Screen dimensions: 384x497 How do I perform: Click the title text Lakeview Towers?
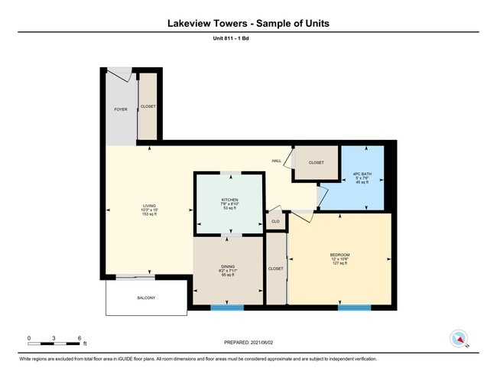point(206,23)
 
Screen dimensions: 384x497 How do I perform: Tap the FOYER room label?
point(121,109)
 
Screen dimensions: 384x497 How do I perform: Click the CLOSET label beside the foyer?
point(148,106)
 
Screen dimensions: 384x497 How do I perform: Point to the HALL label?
point(276,161)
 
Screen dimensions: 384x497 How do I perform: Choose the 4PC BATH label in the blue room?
point(362,174)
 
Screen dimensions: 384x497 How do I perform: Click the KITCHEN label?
point(229,200)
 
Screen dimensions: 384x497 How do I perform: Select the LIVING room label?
point(149,206)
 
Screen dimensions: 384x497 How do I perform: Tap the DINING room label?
point(228,265)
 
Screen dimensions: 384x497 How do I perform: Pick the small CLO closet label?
point(274,221)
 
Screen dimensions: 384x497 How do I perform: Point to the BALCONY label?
point(147,298)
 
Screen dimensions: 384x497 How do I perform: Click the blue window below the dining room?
point(227,308)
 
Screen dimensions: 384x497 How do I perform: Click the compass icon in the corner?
point(459,338)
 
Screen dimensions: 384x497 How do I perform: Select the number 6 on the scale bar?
point(80,337)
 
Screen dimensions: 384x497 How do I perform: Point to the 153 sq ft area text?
point(149,215)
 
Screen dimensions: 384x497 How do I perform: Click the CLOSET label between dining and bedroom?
point(275,268)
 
